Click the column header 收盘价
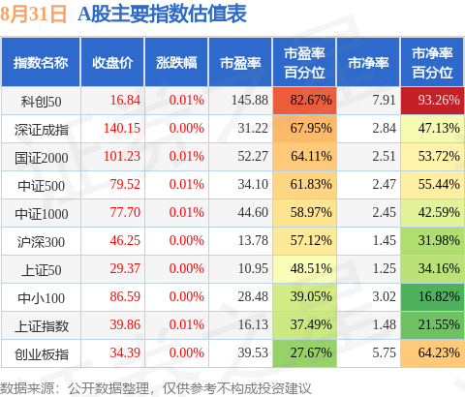point(112,63)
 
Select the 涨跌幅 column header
point(176,63)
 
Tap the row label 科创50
point(41,102)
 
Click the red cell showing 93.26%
point(432,101)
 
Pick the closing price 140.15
point(122,128)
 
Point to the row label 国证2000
point(42,158)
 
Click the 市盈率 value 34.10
point(253,184)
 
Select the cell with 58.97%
point(304,213)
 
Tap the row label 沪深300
point(41,242)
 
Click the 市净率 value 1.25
point(384,268)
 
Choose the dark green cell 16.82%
point(432,297)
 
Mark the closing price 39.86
point(125,324)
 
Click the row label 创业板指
point(42,354)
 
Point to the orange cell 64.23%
point(432,353)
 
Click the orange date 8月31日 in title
point(33,15)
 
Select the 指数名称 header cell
point(41,63)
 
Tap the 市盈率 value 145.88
point(250,100)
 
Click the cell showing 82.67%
point(304,101)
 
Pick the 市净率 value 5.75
point(384,352)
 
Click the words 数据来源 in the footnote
point(27,388)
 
